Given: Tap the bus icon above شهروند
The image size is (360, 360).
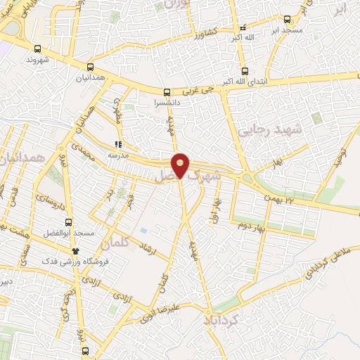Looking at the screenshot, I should [x=37, y=49].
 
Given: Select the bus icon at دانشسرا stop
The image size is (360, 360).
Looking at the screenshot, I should [x=167, y=91].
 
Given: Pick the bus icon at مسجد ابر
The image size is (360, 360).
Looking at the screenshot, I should [x=286, y=20].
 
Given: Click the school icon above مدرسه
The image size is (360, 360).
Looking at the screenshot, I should [x=117, y=145].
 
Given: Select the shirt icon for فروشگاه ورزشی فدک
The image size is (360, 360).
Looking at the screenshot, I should [x=76, y=250].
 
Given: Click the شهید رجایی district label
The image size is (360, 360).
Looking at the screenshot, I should [x=269, y=131].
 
